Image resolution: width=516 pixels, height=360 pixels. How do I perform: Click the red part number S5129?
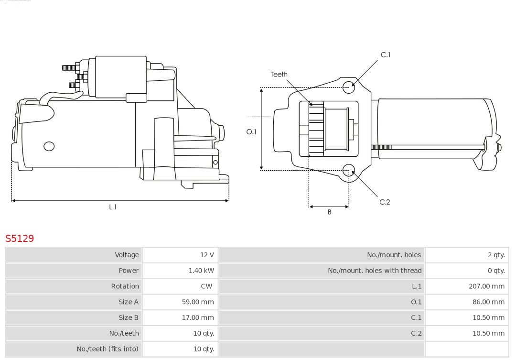(x=20, y=238)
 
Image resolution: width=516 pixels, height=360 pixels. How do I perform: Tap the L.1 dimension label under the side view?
(x=113, y=207)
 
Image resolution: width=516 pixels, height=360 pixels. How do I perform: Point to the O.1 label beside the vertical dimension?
(x=251, y=131)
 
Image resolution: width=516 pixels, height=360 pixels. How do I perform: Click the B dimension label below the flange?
(x=329, y=212)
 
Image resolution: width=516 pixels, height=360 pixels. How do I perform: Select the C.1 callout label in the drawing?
(x=385, y=55)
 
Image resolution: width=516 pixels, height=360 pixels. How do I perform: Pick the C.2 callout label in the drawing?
(x=385, y=202)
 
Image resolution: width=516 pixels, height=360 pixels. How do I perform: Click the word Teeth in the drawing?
(x=279, y=74)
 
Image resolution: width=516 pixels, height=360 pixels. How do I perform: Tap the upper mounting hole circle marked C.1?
(x=349, y=86)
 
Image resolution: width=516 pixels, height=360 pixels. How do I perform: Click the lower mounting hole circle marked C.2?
(x=349, y=170)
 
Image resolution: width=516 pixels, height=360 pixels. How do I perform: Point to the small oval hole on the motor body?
(x=49, y=146)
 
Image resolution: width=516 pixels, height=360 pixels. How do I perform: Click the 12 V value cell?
(x=207, y=255)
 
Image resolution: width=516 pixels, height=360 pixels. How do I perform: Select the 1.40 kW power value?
(x=201, y=271)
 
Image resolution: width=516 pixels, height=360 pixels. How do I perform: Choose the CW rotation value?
(x=206, y=286)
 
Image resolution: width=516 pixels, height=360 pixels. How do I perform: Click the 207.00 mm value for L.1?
(x=486, y=286)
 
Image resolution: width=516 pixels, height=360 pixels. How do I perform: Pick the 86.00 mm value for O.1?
(x=488, y=302)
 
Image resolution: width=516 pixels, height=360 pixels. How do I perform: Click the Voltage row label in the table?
(x=127, y=255)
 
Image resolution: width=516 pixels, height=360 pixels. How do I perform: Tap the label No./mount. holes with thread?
(x=375, y=271)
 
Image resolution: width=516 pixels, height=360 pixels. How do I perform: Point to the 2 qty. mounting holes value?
(x=496, y=255)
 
